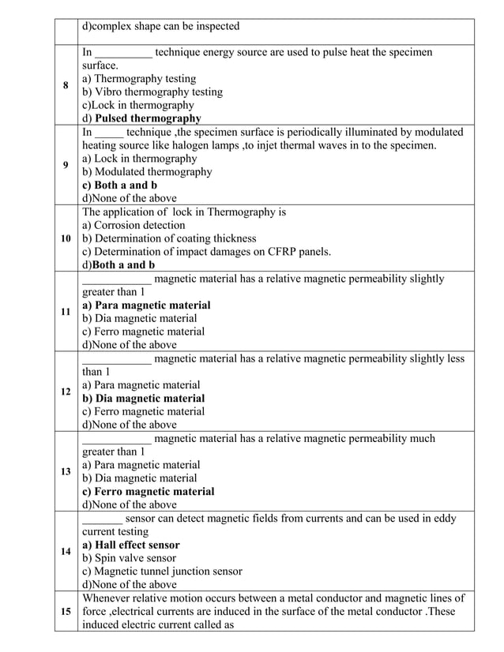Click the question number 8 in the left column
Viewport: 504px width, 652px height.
(x=66, y=85)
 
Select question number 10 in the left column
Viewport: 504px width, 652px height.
(x=66, y=238)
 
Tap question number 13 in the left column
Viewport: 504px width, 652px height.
(x=66, y=472)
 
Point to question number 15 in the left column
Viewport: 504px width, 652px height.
(x=66, y=612)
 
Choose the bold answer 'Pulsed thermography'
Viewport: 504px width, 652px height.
(x=148, y=118)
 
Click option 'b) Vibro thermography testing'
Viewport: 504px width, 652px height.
(x=152, y=92)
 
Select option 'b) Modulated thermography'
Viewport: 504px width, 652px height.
(x=147, y=172)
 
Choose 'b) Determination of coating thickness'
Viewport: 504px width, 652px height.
(x=169, y=238)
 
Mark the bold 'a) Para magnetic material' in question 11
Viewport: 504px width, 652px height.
(x=146, y=305)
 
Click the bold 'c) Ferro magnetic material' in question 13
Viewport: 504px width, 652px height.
(x=148, y=491)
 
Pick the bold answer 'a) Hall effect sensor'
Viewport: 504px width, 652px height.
(x=130, y=545)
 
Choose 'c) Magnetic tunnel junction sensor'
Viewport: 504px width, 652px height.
(x=162, y=571)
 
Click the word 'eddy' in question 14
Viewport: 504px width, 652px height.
(x=444, y=519)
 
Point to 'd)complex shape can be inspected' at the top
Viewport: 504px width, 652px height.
(x=160, y=27)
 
